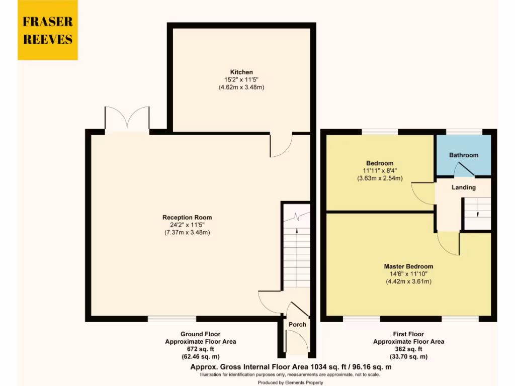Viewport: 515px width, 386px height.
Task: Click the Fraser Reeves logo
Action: point(48,30)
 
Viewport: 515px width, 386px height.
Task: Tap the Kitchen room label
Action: point(241,72)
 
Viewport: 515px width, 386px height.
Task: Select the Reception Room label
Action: point(187,217)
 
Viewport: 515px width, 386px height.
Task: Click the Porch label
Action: point(297,324)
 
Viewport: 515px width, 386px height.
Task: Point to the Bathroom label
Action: point(463,155)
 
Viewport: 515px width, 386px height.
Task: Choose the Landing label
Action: point(463,187)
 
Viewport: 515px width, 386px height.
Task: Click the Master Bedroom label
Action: point(408,266)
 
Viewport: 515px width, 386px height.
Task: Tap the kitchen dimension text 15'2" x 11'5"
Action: point(241,79)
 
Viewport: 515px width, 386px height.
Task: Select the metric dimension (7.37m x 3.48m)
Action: point(187,232)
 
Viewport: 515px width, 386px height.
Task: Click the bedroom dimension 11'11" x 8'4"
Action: point(380,171)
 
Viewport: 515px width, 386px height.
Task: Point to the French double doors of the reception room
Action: point(127,120)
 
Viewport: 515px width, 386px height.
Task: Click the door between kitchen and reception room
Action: point(281,146)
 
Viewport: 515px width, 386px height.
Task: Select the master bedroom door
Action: point(448,243)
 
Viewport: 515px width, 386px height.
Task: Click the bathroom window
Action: point(464,132)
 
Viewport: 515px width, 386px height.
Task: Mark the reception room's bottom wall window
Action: point(171,319)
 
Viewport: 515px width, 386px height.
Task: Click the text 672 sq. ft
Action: point(200,349)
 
